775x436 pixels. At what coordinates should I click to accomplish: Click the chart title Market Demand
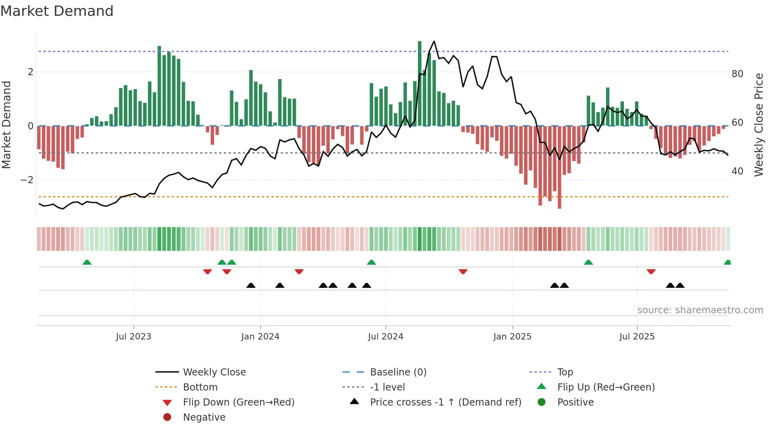click(57, 11)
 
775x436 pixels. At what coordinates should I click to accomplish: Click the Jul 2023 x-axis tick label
click(133, 337)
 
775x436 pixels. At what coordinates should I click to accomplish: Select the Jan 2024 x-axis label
click(260, 337)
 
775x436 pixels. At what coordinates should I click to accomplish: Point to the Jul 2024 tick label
click(386, 337)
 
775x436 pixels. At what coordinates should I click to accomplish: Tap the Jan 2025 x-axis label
click(512, 337)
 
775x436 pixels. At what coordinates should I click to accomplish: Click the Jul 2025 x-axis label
click(637, 337)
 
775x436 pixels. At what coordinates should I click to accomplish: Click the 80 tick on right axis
click(737, 74)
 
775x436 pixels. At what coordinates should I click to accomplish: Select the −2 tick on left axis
click(27, 180)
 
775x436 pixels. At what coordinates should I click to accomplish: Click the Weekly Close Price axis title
click(758, 125)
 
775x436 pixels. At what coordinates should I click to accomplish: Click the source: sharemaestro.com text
click(700, 310)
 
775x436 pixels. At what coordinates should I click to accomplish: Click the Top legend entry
click(565, 372)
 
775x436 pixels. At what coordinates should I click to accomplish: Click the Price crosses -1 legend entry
click(445, 402)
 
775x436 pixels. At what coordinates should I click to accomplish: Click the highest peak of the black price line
click(434, 41)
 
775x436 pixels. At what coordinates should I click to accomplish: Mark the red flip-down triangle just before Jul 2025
click(651, 272)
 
